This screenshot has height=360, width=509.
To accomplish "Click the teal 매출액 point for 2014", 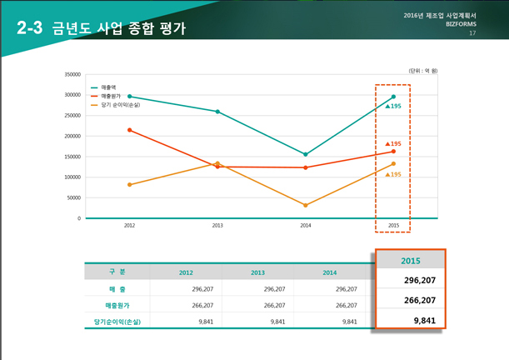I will [x=306, y=154].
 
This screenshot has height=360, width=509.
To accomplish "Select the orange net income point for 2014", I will [x=306, y=205].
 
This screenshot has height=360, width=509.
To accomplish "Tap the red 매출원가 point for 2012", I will [x=130, y=130].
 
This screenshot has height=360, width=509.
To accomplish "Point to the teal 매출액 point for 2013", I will [x=217, y=112].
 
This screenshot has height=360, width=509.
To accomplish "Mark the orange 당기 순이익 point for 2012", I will [x=130, y=184].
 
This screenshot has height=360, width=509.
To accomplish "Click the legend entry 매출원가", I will [x=110, y=96].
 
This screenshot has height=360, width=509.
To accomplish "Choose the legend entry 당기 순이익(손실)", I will [x=118, y=105].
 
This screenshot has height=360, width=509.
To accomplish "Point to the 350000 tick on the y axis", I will [x=71, y=74].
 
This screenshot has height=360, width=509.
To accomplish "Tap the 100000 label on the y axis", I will [x=71, y=177].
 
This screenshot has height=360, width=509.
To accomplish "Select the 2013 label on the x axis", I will [x=217, y=226].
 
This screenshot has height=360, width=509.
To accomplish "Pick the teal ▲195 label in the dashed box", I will [x=393, y=107].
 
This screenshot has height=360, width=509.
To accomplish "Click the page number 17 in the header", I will [x=472, y=33].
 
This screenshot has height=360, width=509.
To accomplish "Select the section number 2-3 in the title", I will [x=29, y=28].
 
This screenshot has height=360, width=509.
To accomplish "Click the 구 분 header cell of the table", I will [x=117, y=272].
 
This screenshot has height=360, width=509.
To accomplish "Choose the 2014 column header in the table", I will [x=329, y=272].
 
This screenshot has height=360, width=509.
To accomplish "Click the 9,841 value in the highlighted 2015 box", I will [x=425, y=320].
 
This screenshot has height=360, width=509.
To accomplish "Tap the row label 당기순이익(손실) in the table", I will [x=117, y=321].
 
